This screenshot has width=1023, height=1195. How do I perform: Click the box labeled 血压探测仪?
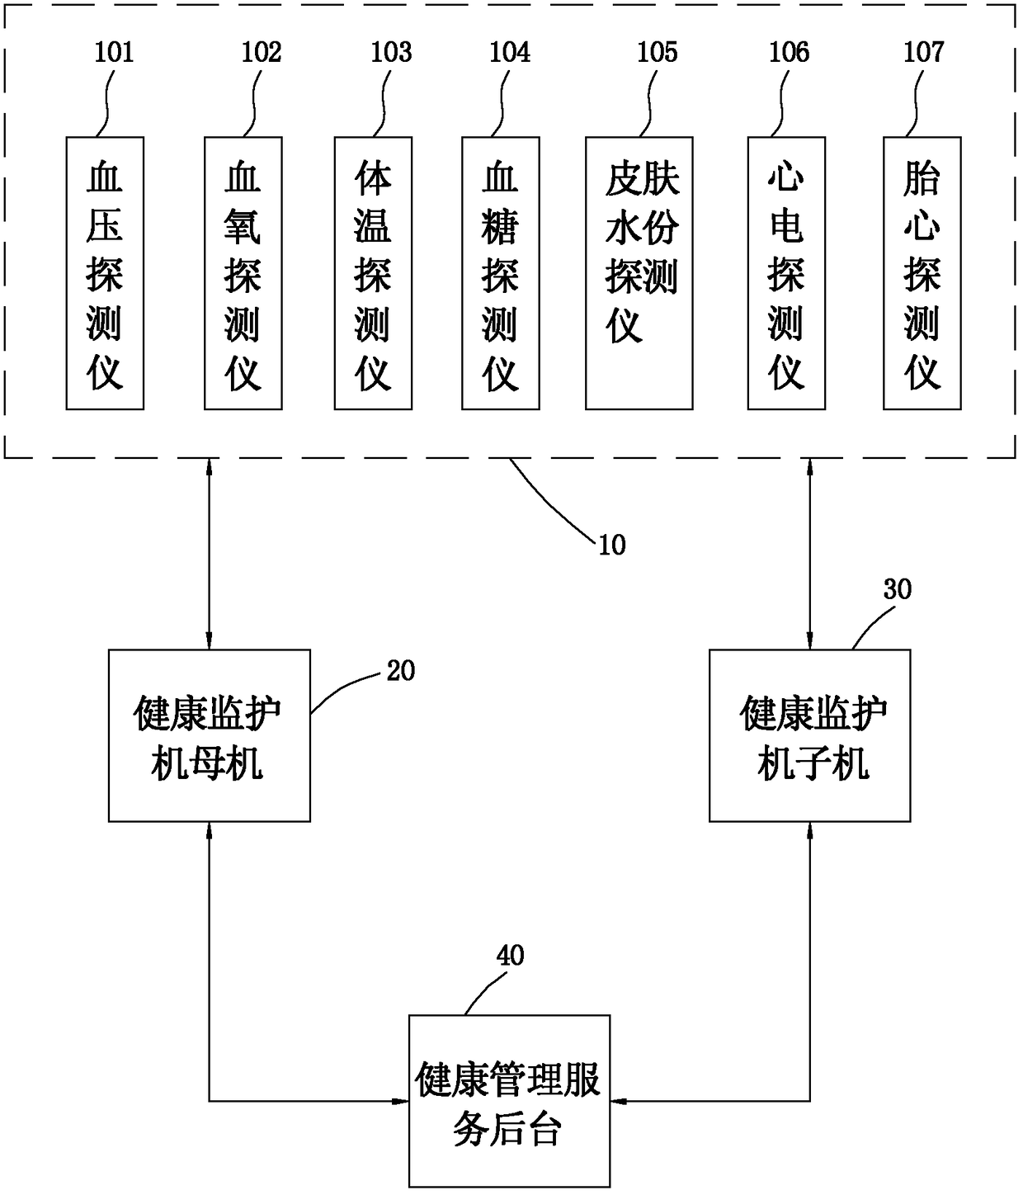tap(105, 273)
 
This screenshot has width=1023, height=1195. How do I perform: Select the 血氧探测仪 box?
tap(243, 273)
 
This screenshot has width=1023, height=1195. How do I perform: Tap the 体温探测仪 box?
tap(373, 273)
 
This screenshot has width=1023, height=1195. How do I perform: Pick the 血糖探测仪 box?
tap(501, 273)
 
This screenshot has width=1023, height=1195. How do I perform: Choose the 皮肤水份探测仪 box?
tap(639, 273)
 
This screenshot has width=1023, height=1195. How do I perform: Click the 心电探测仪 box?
tap(786, 273)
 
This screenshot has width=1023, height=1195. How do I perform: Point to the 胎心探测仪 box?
tap(922, 273)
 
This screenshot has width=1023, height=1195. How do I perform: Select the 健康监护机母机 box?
tap(210, 735)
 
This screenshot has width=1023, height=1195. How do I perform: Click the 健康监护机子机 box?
tap(809, 735)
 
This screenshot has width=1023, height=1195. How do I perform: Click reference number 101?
tap(114, 53)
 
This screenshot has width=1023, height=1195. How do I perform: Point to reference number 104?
tap(510, 53)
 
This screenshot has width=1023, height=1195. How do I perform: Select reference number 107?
tap(924, 53)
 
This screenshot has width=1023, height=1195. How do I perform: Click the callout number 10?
tap(612, 546)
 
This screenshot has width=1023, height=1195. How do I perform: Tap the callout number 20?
tap(400, 671)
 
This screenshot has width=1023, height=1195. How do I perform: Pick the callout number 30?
tap(898, 589)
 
